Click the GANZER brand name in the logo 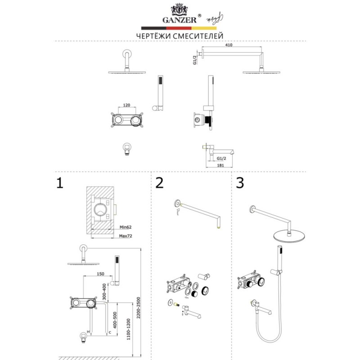click(180, 20)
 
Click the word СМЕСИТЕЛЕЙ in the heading click(198, 36)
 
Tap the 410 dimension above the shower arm click(229, 45)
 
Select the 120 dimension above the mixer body click(126, 105)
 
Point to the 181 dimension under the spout click(220, 165)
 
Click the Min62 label click(126, 227)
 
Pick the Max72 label click(126, 236)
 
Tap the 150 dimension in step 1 click(100, 274)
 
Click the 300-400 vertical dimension click(104, 292)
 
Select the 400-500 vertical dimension click(115, 320)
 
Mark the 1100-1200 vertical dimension click(128, 329)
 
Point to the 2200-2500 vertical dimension click(138, 308)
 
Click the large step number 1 click(60, 183)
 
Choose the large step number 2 click(159, 183)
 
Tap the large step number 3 click(240, 183)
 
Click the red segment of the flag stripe click(179, 28)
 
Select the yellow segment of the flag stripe click(204, 28)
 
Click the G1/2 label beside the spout click(221, 158)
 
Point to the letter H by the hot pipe click(88, 332)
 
